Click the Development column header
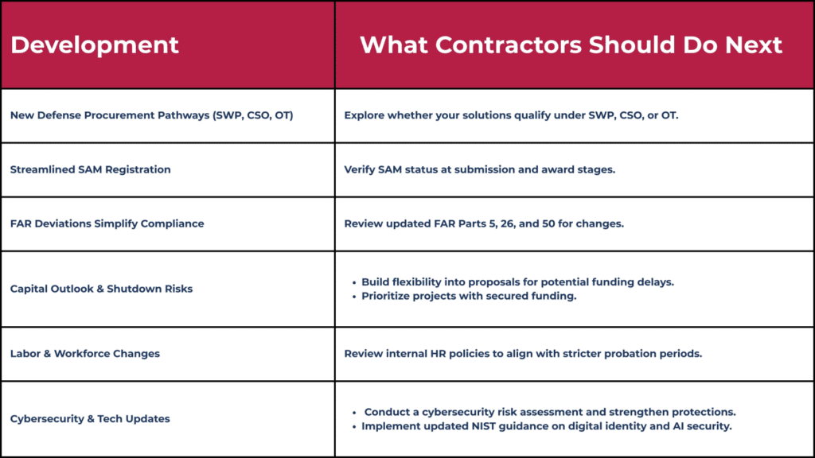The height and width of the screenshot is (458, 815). pos(95,45)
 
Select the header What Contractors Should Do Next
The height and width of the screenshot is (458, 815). pos(571,45)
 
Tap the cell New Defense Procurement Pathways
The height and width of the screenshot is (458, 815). pos(152,115)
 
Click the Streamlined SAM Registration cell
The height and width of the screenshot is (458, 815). pos(91,169)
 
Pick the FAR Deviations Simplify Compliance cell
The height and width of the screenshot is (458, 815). pos(107,223)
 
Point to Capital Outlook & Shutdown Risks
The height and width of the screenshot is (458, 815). pos(101,289)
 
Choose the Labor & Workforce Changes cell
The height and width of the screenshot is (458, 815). pos(85,354)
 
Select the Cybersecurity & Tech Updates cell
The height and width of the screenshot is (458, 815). pos(90,418)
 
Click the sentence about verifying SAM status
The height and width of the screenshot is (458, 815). pos(480,169)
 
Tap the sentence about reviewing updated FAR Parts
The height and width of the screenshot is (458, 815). pos(484,223)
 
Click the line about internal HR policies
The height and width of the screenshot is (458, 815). pos(523,354)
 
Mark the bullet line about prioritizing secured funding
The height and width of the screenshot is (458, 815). pos(469,296)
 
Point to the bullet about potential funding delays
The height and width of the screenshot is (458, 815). pos(517,282)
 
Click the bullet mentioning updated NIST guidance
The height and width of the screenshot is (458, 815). pos(547,426)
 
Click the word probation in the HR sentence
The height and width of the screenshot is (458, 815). pos(631,354)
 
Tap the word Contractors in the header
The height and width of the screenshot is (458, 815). pos(509,45)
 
